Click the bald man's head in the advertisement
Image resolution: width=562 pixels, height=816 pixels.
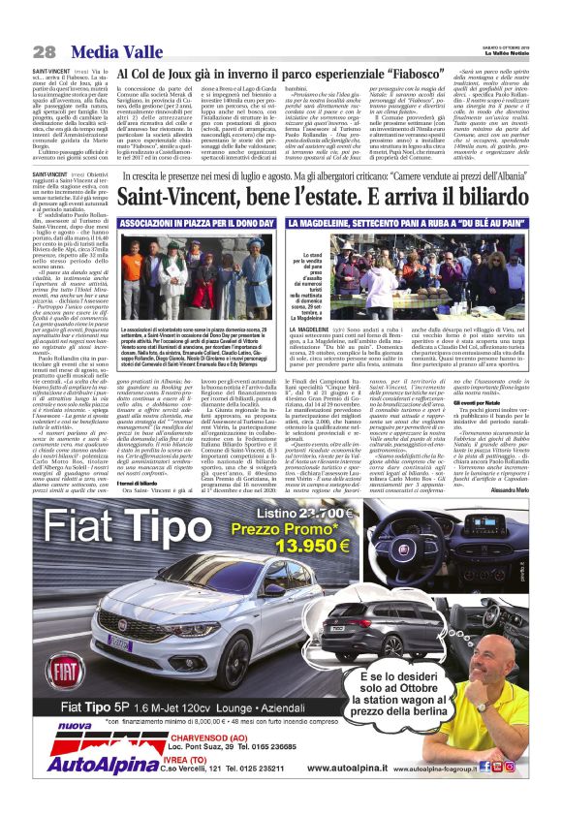[501, 666]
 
